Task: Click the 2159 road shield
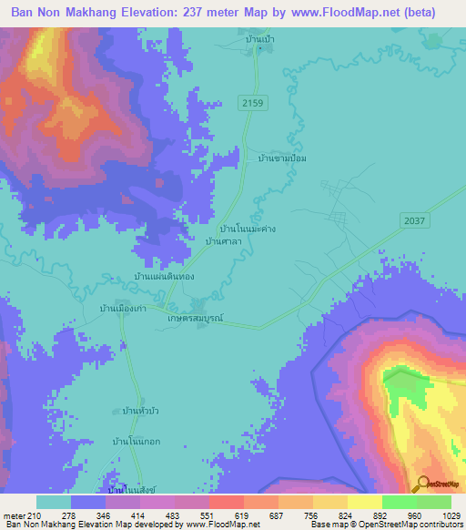253,105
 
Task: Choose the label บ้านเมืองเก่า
124,308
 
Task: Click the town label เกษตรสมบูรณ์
195,320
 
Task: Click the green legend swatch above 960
400,502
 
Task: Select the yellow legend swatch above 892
365,502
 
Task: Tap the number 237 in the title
207,12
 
